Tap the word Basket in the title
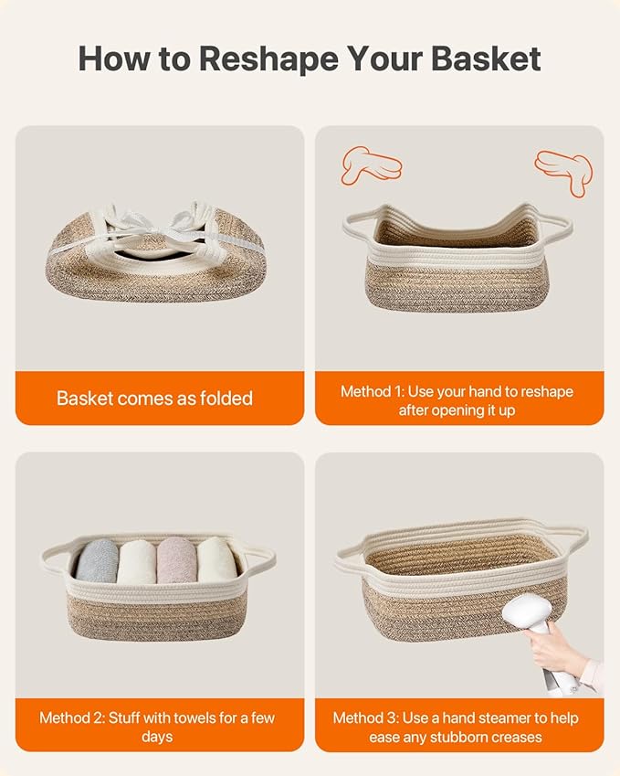click(x=486, y=58)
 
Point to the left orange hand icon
click(x=371, y=165)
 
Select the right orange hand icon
click(x=564, y=171)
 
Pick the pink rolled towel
click(x=177, y=560)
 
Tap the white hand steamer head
click(x=528, y=612)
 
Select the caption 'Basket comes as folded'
click(x=154, y=399)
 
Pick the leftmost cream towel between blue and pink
click(x=136, y=561)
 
